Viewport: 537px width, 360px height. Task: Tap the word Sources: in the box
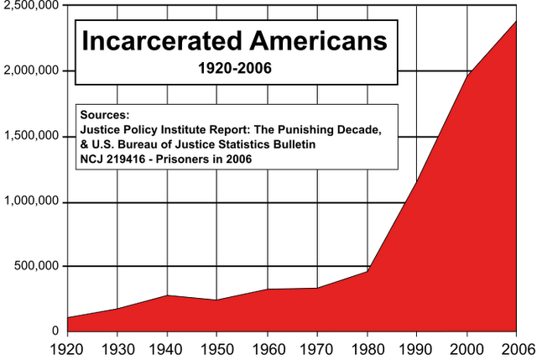[x=105, y=114]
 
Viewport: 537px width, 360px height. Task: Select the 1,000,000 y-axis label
[x=33, y=201]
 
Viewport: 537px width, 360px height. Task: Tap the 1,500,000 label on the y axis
[x=33, y=135]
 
